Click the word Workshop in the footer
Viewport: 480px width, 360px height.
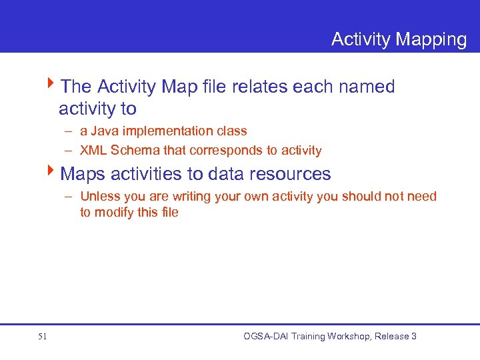(x=347, y=336)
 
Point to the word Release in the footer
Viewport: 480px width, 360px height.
(x=391, y=336)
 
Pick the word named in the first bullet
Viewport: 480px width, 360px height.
(x=365, y=87)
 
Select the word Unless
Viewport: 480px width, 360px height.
(x=98, y=196)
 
